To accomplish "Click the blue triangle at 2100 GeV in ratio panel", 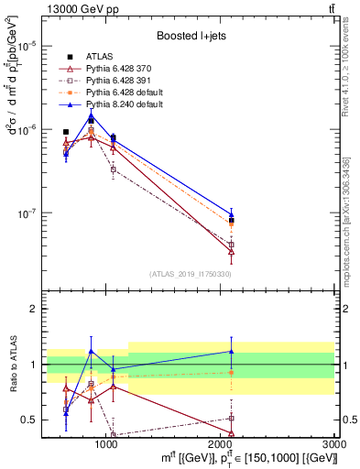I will tap(232, 351).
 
